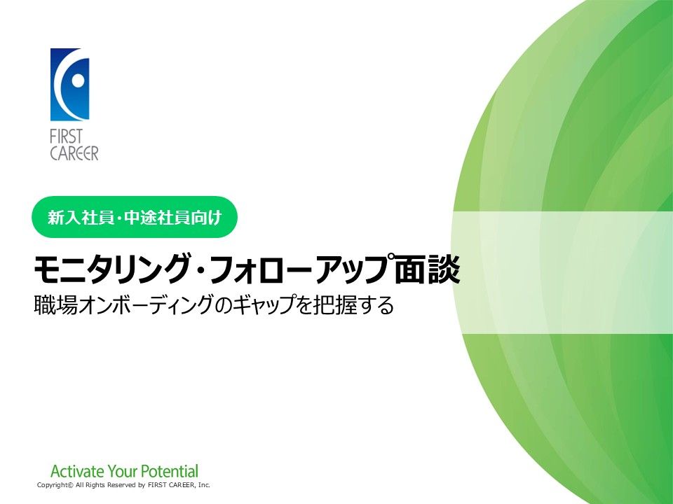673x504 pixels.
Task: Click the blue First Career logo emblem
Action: pos(70,85)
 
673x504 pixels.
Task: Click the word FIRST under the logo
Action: pos(66,137)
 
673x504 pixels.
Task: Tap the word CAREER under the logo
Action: pos(74,153)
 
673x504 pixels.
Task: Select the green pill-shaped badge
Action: pos(135,217)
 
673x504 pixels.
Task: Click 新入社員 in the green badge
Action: pos(79,218)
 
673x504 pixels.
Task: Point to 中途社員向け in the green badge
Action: pos(173,218)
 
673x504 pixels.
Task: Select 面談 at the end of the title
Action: pos(428,269)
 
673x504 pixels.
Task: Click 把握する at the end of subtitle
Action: pos(353,305)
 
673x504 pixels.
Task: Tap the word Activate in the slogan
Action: pos(77,471)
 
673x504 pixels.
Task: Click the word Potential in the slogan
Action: pos(170,471)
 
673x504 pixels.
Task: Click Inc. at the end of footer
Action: pos(204,484)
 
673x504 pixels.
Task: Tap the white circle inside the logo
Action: pos(78,80)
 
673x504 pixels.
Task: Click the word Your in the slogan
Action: pos(122,471)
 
